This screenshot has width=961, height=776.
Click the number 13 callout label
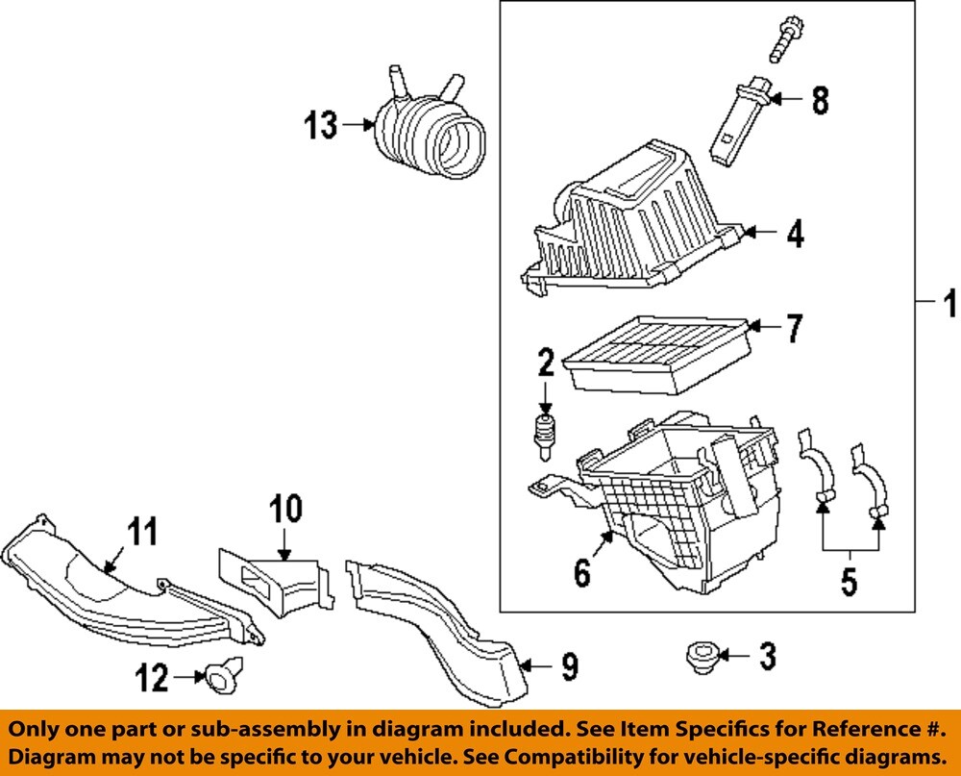point(321,125)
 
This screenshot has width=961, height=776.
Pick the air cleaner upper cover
point(634,216)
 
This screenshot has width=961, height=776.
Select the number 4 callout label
point(795,234)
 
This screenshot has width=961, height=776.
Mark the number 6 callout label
point(582,574)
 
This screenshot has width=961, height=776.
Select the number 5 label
point(850,581)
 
